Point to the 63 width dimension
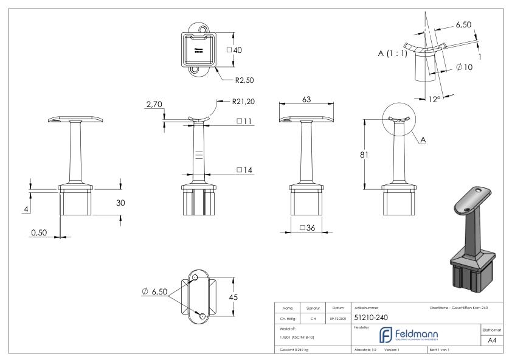pos(306,100)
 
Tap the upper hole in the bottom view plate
pos(195,278)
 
